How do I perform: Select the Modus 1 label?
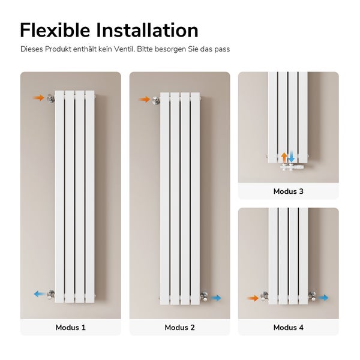(71, 328)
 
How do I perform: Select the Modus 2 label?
(179, 328)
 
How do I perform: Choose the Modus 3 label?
(288, 191)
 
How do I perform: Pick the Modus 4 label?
(288, 328)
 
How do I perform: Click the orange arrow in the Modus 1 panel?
(39, 97)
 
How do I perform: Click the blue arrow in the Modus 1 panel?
(40, 294)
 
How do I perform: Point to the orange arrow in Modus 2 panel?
(144, 99)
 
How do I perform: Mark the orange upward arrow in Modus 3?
(284, 157)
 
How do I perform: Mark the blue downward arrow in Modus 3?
(292, 157)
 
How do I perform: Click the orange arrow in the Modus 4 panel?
(253, 298)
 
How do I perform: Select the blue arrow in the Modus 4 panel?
(324, 298)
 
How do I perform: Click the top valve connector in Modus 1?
(51, 98)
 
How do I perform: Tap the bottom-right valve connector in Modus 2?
(203, 297)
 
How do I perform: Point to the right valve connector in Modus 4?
(313, 297)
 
